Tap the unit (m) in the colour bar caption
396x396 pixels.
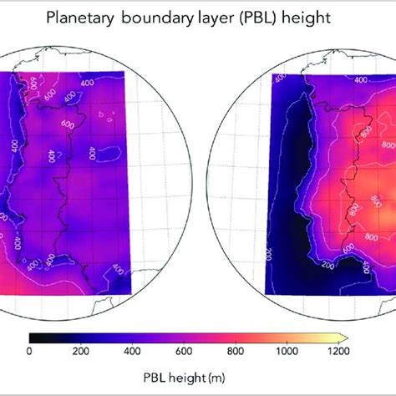click(x=214, y=376)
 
